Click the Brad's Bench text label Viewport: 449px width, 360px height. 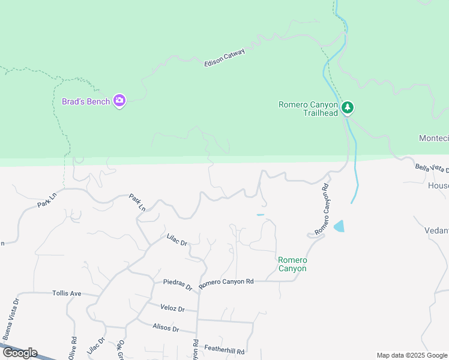86,101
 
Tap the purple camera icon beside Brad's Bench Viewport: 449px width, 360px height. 119,101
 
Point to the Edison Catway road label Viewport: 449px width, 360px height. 225,58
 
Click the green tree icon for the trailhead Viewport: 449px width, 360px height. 347,108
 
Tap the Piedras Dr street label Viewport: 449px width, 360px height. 178,284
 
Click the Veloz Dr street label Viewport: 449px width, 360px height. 173,308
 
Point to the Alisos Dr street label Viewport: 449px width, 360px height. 166,328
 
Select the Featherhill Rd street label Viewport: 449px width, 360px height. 224,350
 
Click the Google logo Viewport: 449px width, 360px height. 19,353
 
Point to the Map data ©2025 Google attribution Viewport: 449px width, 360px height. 412,355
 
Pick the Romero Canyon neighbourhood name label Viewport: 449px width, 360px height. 292,264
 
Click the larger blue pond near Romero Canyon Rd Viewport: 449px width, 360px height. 339,226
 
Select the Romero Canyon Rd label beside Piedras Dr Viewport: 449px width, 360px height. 226,281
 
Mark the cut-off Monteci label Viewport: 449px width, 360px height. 433,139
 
